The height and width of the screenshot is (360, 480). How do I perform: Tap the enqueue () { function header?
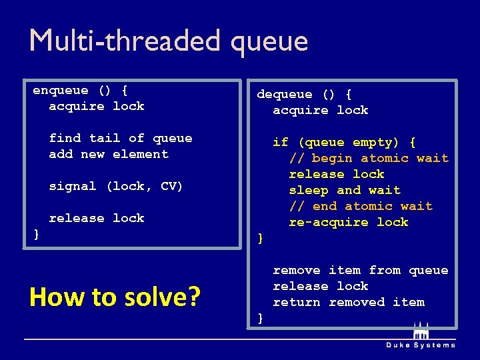81,90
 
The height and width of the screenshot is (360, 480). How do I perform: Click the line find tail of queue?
121,138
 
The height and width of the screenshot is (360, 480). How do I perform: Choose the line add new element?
109,154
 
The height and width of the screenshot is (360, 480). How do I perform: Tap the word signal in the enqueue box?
73,186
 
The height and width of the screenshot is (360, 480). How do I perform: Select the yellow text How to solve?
115,297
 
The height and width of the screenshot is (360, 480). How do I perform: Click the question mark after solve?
194,297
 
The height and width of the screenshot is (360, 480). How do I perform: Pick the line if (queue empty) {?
345,142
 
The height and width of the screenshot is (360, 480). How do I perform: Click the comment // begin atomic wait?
369,158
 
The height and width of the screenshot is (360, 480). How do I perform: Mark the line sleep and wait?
345,190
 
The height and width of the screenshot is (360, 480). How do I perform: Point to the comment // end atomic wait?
361,206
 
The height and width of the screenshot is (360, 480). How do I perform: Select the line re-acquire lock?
349,222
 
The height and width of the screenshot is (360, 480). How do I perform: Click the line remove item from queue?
361,270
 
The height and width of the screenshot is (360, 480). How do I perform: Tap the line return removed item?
349,302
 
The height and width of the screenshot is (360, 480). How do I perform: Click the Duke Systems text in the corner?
421,345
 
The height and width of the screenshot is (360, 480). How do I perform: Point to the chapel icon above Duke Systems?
421,331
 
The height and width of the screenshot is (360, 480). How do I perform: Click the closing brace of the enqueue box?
37,234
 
